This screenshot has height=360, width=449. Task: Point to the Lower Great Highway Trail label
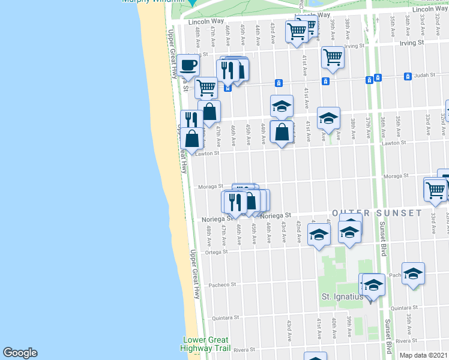pyautogui.click(x=205, y=344)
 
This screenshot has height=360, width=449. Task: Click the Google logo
pyautogui.click(x=20, y=353)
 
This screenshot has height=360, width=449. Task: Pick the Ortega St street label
pyautogui.click(x=217, y=252)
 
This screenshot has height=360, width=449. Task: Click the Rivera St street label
pyautogui.click(x=245, y=349)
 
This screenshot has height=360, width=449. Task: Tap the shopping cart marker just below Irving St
pyautogui.click(x=332, y=57)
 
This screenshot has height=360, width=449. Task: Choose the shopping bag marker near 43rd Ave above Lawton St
pyautogui.click(x=282, y=132)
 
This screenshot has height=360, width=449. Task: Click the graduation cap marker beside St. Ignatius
pyautogui.click(x=373, y=286)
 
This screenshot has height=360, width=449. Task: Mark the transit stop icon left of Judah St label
pyautogui.click(x=378, y=77)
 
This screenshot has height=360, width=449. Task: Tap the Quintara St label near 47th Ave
pyautogui.click(x=228, y=317)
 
